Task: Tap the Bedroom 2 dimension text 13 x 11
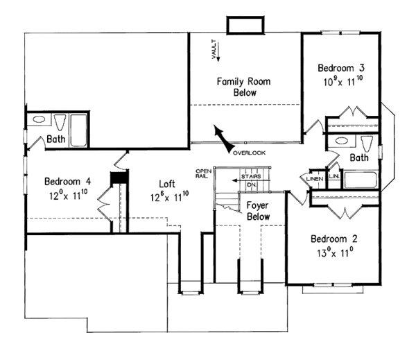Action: [335, 254]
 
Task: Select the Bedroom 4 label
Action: [67, 182]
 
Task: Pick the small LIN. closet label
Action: [333, 177]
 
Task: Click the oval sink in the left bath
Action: [37, 120]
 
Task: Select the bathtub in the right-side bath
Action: [361, 182]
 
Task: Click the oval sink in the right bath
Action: [340, 142]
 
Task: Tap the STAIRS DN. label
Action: [250, 181]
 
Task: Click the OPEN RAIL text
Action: [203, 173]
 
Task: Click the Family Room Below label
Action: [243, 87]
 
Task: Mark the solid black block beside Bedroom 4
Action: [121, 178]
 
